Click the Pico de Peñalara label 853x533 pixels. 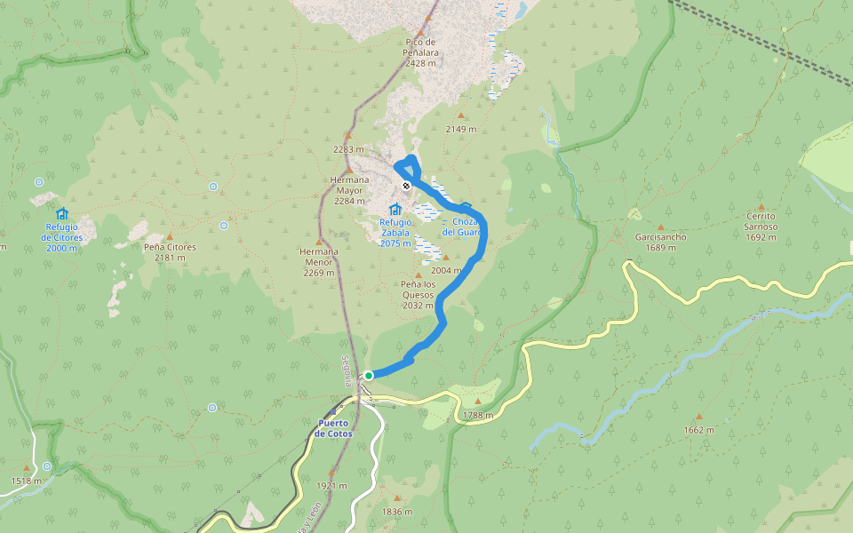[x=420, y=52]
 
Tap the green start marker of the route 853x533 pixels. [x=369, y=375]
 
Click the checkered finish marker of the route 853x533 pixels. [x=406, y=186]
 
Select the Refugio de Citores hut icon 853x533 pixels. [x=61, y=214]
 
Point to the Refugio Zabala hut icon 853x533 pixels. [x=395, y=209]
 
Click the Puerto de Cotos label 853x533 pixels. [x=333, y=428]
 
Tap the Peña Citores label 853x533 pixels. [x=170, y=252]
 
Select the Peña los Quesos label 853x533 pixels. [x=418, y=294]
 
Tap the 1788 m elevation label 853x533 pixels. [x=477, y=415]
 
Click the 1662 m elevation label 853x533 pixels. [x=698, y=430]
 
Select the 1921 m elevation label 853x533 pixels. [x=331, y=486]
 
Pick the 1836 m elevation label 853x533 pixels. [x=396, y=512]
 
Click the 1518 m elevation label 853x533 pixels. [x=26, y=481]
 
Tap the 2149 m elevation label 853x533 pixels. [x=461, y=129]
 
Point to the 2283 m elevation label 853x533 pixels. [x=348, y=149]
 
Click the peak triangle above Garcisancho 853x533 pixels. [x=660, y=227]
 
